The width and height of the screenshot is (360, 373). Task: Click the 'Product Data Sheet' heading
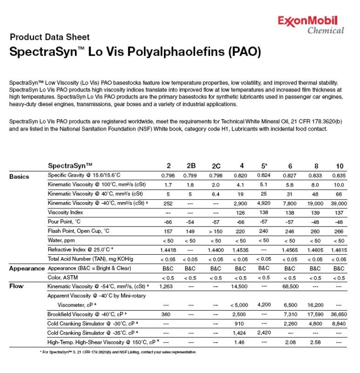(x=50, y=37)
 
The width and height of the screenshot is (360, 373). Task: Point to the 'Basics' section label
(x=19, y=176)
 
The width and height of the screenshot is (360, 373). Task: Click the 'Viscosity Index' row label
(x=66, y=212)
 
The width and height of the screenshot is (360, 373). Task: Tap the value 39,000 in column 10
(x=339, y=203)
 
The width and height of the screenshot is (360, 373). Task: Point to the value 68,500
(x=290, y=286)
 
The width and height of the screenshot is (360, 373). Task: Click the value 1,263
(x=166, y=286)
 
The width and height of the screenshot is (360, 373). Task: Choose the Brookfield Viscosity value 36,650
(x=339, y=314)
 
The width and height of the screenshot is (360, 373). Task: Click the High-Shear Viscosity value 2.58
(x=315, y=342)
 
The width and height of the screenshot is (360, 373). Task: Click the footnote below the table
(x=118, y=352)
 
